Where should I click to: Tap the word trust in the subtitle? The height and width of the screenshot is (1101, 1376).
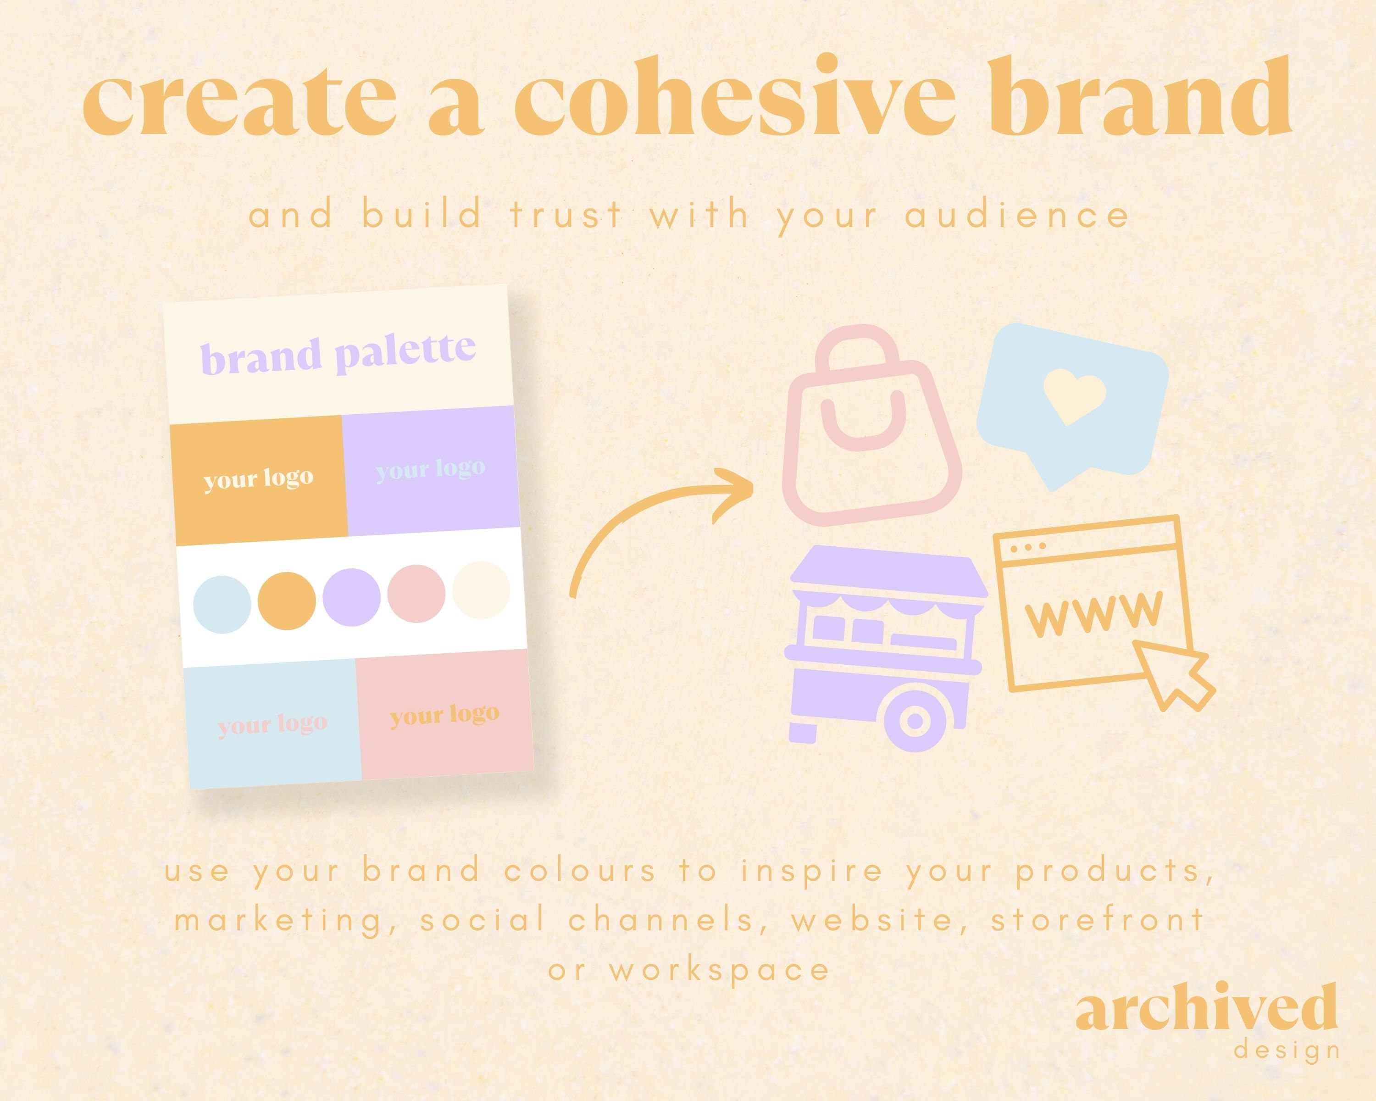[566, 215]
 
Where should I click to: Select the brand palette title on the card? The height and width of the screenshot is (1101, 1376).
[338, 354]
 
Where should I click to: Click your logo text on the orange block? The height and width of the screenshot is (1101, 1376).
[259, 478]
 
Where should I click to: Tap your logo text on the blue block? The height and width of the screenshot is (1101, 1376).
[272, 724]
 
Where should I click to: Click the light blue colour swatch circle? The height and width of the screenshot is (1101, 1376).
[222, 605]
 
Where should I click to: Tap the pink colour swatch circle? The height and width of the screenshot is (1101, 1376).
[416, 594]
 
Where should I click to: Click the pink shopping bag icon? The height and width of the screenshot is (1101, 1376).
[871, 428]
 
